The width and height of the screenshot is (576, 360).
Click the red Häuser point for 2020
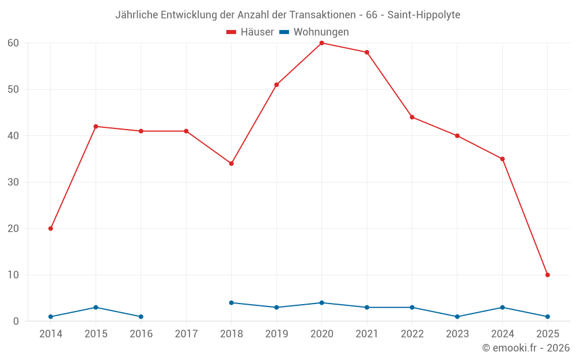(x=321, y=43)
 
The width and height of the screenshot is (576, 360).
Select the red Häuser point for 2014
(x=51, y=229)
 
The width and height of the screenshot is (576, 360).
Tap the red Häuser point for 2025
(x=547, y=275)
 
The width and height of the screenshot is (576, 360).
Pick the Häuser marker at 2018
(x=232, y=164)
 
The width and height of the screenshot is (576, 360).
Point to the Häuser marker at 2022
(x=412, y=118)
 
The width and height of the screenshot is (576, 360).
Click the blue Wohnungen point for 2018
(x=232, y=302)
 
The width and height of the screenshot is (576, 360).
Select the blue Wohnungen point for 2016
(x=141, y=317)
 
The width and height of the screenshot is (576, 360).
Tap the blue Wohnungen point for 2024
(x=502, y=307)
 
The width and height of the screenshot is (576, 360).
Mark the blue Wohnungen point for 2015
(x=96, y=307)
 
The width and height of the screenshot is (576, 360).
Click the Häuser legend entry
(x=250, y=32)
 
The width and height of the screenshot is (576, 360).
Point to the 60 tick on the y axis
(x=13, y=43)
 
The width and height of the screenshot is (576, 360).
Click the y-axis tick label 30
(x=13, y=182)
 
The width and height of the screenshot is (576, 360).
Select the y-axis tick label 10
(x=13, y=275)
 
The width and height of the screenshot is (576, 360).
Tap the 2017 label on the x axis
(x=186, y=334)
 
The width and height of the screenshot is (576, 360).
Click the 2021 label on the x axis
(x=367, y=334)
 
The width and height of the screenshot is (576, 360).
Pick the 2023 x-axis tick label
(x=457, y=334)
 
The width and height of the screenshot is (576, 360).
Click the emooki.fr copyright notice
(x=525, y=348)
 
